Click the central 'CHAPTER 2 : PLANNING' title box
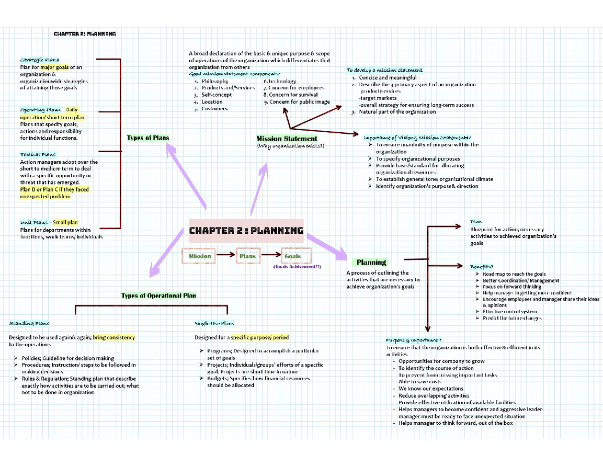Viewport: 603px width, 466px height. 246,231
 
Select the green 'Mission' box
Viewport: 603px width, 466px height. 199,256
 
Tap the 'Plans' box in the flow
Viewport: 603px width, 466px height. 247,256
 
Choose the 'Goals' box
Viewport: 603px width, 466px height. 292,256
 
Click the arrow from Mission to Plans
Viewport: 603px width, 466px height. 225,256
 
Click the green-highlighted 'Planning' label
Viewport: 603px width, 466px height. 371,262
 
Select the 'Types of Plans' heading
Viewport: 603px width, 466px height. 148,138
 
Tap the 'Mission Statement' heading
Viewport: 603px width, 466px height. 286,138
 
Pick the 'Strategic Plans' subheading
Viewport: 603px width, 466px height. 39,59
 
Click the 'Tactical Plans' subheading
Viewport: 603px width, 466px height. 38,155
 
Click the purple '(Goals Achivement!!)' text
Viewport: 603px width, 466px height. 297,267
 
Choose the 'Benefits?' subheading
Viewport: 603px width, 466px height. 481,266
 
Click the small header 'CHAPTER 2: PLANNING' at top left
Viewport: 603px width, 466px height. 85,34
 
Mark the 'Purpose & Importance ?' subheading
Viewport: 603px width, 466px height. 414,340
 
